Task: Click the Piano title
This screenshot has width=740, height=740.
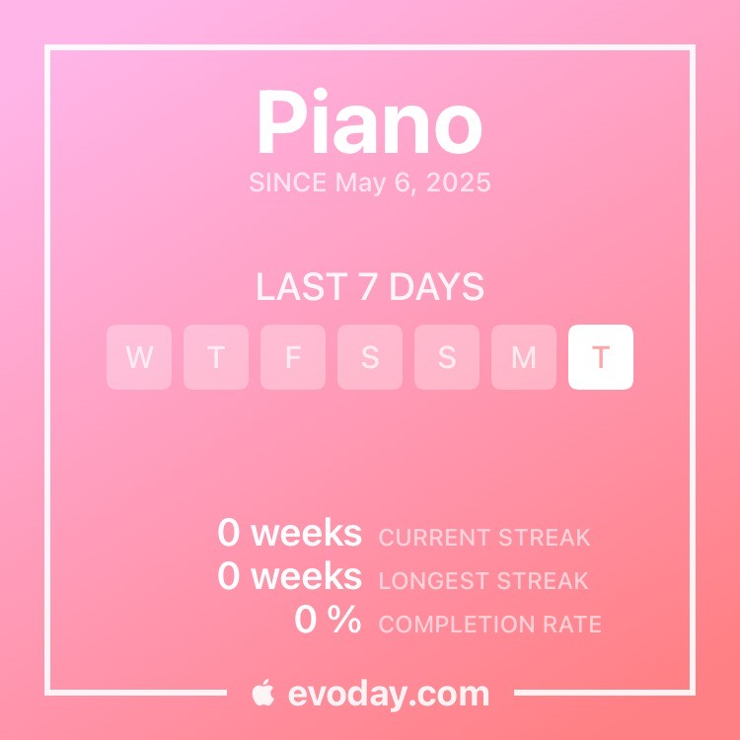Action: pos(370,121)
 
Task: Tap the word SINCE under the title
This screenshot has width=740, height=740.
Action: pos(287,183)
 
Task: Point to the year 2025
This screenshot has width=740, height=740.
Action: pos(458,183)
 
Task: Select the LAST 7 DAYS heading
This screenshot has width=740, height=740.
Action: pos(370,286)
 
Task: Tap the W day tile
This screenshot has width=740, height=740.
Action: pos(139,357)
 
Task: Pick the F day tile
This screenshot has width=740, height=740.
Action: pos(293,357)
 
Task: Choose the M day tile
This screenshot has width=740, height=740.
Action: pos(523,357)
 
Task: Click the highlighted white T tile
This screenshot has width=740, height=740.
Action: pos(600,357)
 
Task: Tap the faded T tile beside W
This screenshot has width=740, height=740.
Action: pos(216,357)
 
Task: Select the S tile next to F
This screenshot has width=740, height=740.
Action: pos(370,357)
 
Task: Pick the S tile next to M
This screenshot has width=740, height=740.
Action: pos(446,357)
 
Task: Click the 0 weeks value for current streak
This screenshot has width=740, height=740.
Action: pos(289,533)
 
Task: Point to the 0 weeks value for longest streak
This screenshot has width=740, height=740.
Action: pos(289,576)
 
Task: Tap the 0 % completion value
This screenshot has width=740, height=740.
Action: pos(328,620)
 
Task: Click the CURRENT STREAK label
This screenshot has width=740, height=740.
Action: pos(484,538)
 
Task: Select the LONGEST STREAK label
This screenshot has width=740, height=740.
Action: pos(483,581)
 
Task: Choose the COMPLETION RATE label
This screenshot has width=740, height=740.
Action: pos(489,625)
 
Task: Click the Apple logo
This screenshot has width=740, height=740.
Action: pos(262,693)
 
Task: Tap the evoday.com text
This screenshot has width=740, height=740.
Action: pos(389,694)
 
